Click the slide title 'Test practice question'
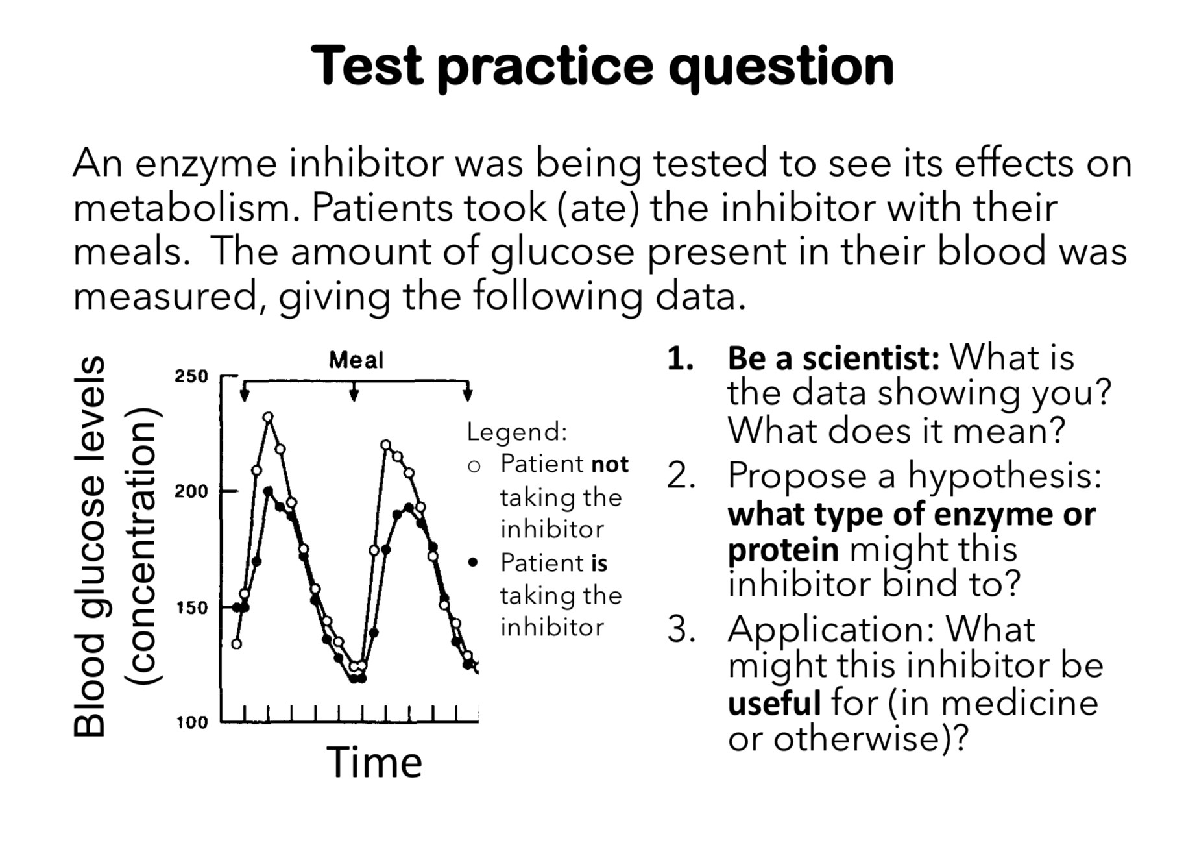click(x=602, y=67)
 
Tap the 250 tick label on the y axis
click(x=191, y=376)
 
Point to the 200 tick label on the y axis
click(x=191, y=491)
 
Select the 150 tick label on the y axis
click(x=191, y=608)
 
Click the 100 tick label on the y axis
click(x=191, y=722)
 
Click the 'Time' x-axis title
click(x=374, y=762)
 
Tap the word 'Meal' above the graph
click(x=356, y=360)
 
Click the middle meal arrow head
click(x=354, y=395)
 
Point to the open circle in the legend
click(x=474, y=466)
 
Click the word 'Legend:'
click(x=517, y=432)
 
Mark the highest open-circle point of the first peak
click(x=268, y=417)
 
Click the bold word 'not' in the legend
click(x=610, y=465)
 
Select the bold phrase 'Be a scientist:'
click(x=834, y=358)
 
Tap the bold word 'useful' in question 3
click(x=774, y=703)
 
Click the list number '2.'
click(x=682, y=476)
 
